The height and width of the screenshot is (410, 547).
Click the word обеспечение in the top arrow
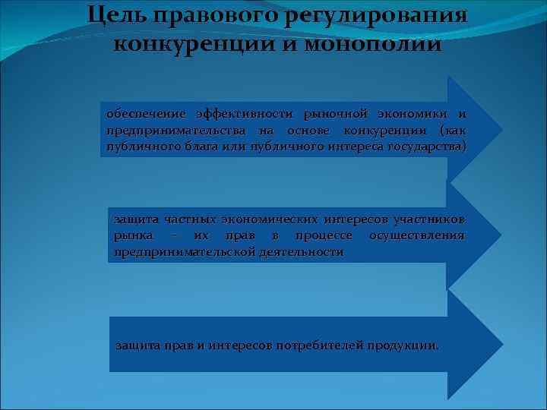click(x=141, y=114)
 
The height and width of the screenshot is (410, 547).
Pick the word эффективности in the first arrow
click(x=245, y=114)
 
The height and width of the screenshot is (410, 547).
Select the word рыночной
click(x=335, y=114)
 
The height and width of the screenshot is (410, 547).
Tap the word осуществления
click(x=416, y=235)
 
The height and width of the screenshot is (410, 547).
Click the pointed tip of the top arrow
click(x=501, y=128)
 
